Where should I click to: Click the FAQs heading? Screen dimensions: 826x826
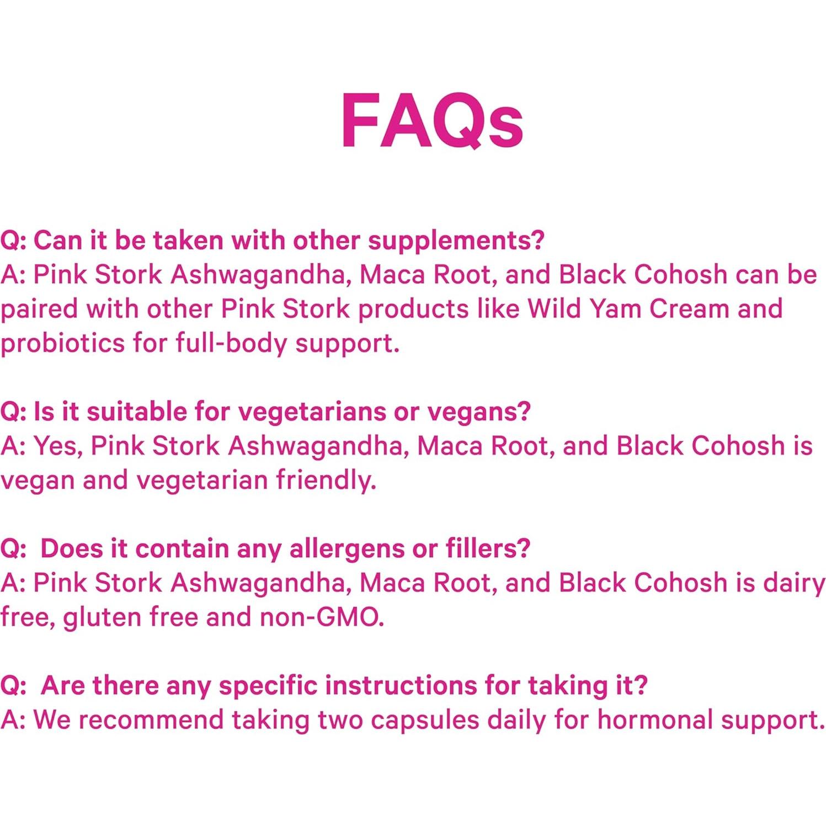[431, 121]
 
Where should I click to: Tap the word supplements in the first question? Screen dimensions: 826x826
[456, 241]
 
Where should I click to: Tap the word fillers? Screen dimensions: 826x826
[487, 549]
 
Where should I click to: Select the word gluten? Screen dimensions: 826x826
[102, 617]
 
